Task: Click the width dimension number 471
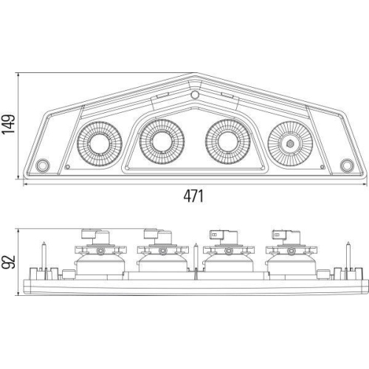[193, 196]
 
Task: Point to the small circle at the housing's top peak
[195, 95]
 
